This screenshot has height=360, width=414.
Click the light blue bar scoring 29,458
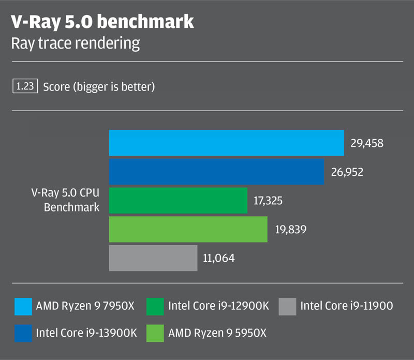pyautogui.click(x=226, y=143)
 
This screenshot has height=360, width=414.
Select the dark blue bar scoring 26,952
pyautogui.click(x=216, y=172)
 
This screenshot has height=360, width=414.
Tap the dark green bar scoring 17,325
pyautogui.click(x=178, y=201)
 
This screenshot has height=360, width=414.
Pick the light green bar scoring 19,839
pyautogui.click(x=188, y=229)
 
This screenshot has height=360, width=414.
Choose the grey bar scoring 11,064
pyautogui.click(x=153, y=258)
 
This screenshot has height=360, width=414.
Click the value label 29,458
pyautogui.click(x=367, y=143)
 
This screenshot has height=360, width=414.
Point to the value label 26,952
pyautogui.click(x=347, y=172)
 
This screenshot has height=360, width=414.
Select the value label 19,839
pyautogui.click(x=290, y=229)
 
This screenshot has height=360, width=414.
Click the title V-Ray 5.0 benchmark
pyautogui.click(x=102, y=22)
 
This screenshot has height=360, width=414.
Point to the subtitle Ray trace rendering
pyautogui.click(x=76, y=43)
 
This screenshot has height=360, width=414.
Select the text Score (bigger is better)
pyautogui.click(x=99, y=87)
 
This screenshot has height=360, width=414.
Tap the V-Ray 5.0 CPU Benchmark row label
pyautogui.click(x=72, y=201)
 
